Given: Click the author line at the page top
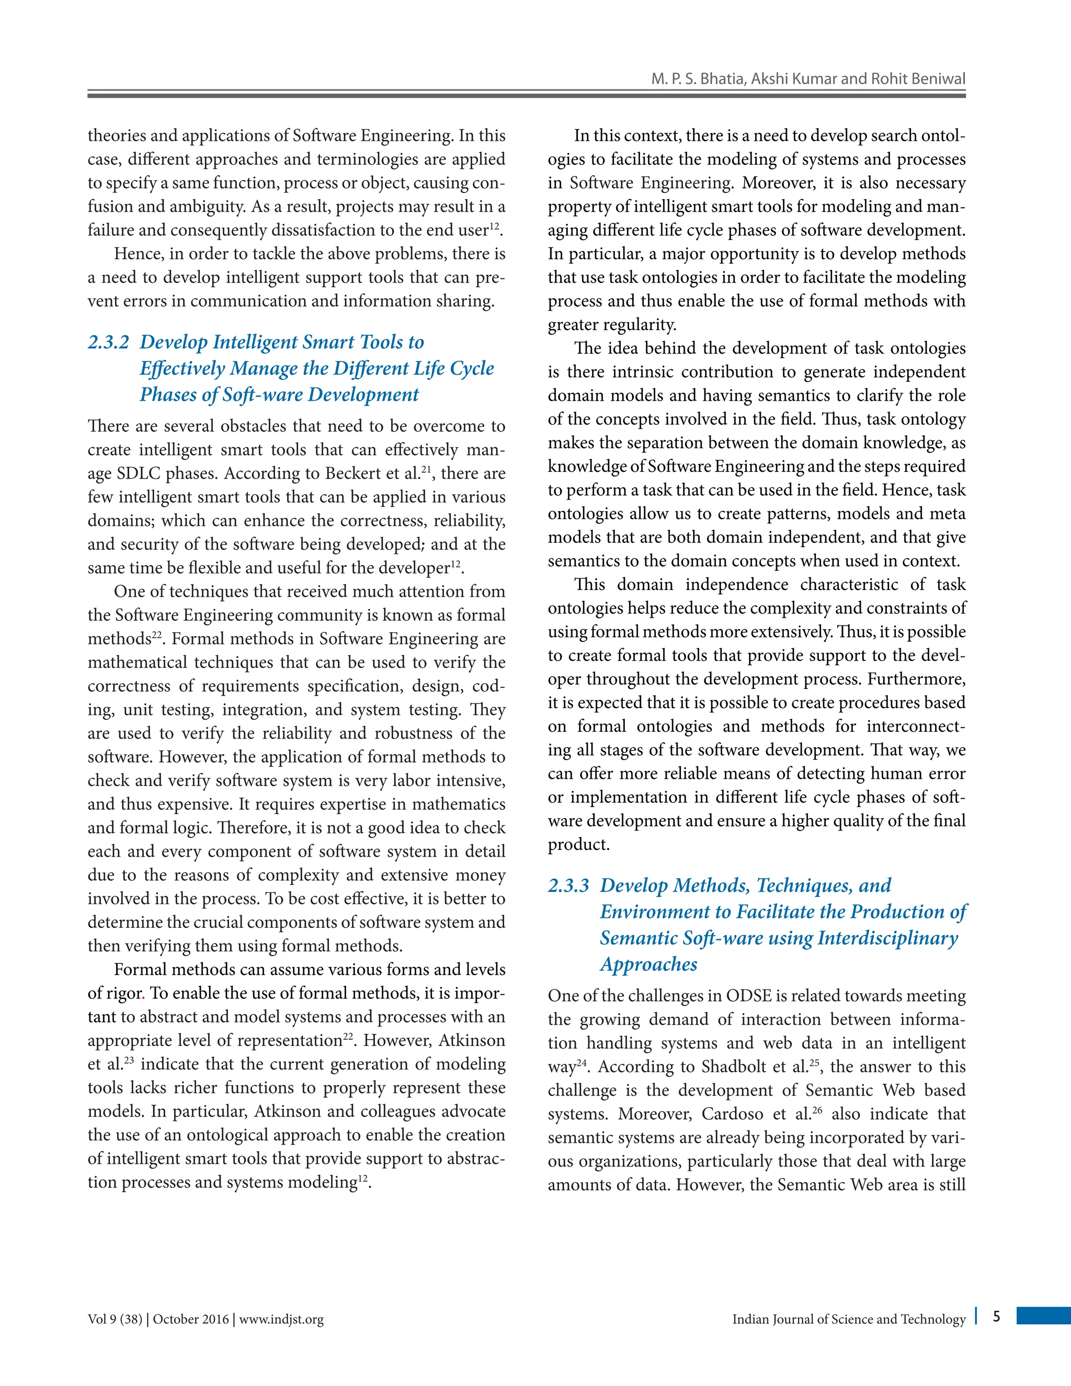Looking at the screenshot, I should click(807, 78).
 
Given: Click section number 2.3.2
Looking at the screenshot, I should click(108, 342).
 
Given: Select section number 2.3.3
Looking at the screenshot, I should click(568, 885).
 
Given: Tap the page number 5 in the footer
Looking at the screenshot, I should click(997, 1316).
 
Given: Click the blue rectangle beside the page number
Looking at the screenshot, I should click(1043, 1315).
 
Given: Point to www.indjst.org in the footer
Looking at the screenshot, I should click(281, 1320).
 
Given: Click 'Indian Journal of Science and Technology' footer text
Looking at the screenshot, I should click(848, 1320).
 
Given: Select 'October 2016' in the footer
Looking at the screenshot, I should click(190, 1320).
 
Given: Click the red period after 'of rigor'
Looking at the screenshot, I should click(144, 994).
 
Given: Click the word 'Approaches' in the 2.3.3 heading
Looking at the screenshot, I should click(648, 964).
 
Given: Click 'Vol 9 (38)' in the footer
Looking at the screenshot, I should click(115, 1320).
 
